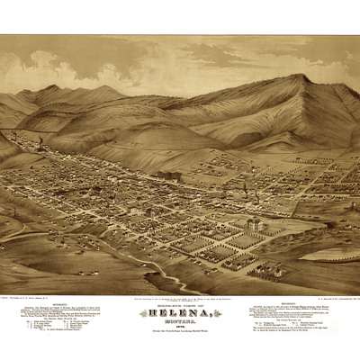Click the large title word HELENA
[x=180, y=304]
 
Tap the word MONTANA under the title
[x=180, y=312]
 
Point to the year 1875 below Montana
[x=180, y=318]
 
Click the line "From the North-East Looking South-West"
[x=180, y=323]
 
